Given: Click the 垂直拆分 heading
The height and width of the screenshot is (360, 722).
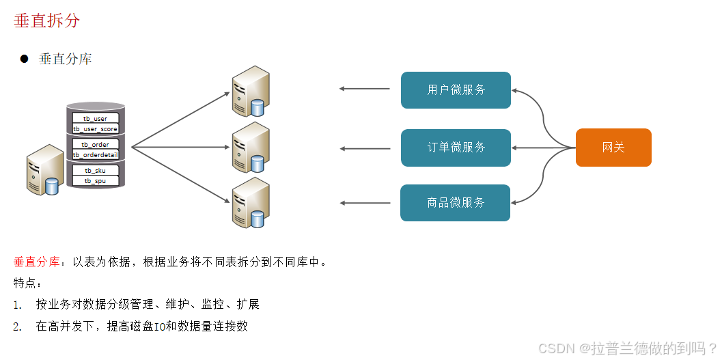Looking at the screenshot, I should pos(46,20).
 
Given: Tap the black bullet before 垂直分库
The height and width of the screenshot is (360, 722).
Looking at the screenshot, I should pos(24,59).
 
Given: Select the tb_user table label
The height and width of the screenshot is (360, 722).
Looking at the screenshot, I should pos(96,119).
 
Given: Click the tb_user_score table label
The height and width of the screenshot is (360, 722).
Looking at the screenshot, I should pos(96,128).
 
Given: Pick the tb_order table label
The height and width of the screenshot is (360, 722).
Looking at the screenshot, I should pos(96,145).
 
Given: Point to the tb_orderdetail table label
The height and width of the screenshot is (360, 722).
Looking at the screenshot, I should pos(96,154).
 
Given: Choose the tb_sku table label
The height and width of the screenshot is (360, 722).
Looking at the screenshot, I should pos(96,171).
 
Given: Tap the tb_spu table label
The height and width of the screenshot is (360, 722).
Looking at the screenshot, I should pos(96,180).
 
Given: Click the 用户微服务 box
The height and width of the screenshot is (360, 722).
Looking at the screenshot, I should pos(456,90).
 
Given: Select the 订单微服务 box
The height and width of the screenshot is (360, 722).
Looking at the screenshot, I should pos(456,148).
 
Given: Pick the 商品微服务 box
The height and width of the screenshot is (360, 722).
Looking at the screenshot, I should pos(456,203).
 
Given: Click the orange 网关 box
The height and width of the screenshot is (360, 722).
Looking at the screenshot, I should pos(613,148).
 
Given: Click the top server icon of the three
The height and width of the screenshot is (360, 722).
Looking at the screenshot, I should pos(249,91).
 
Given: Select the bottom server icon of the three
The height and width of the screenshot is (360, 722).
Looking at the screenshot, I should pos(249,202).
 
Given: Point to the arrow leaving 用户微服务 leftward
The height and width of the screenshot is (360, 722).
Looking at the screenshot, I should pos(365,89).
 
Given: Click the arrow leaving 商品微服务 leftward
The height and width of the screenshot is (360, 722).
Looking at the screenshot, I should pos(365,203).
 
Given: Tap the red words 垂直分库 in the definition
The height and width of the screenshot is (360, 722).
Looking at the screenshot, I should pos(36,262).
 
